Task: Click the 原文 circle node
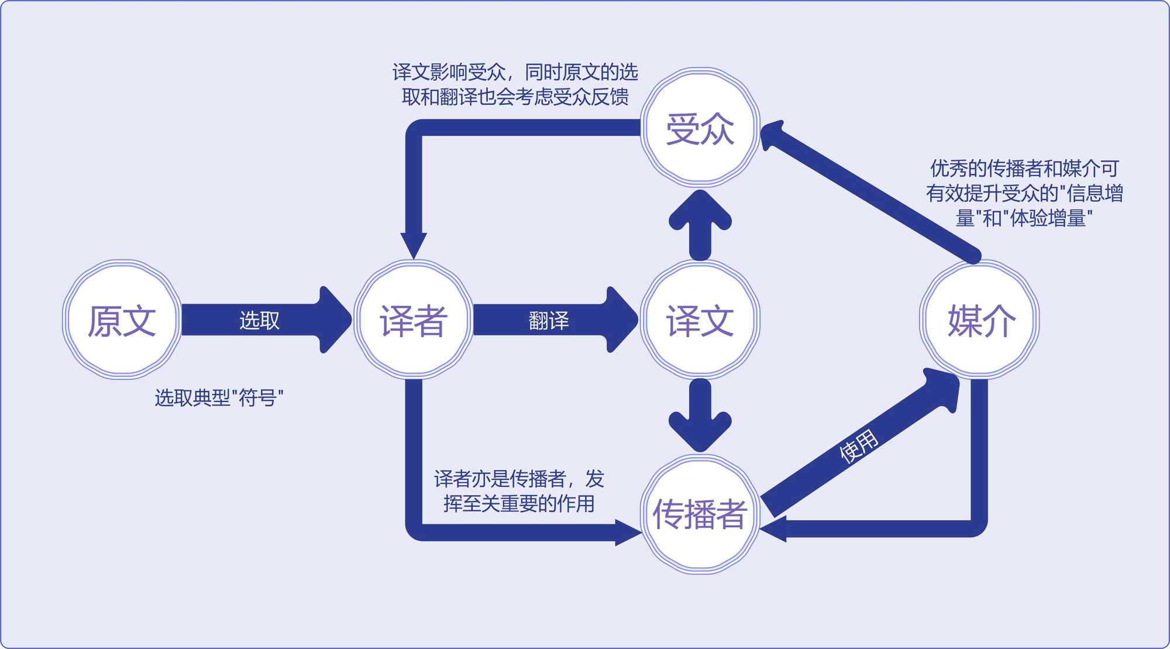click(122, 320)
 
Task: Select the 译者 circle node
click(414, 320)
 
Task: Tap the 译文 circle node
click(700, 320)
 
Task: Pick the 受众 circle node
click(700, 128)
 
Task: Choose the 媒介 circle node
click(980, 320)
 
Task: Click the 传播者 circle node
click(700, 514)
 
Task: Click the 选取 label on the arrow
click(259, 320)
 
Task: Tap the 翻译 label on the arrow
click(549, 320)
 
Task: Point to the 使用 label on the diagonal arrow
click(858, 446)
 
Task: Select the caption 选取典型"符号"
click(219, 398)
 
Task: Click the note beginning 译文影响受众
click(515, 84)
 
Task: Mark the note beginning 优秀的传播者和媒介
click(1024, 193)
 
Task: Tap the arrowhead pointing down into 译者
click(414, 245)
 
